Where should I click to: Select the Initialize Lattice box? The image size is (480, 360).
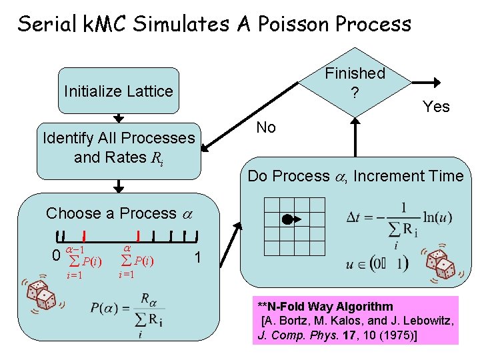tap(119, 91)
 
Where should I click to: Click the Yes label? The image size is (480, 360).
tap(436, 107)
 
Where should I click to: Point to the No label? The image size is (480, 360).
tap(266, 128)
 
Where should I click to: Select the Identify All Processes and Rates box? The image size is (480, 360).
tap(119, 148)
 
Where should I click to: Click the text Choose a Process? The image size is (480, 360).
tap(111, 213)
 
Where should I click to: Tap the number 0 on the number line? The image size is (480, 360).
tap(56, 255)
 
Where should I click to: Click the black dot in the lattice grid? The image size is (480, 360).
tap(287, 219)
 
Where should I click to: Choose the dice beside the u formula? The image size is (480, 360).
tap(440, 265)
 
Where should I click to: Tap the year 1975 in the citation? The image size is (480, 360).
tap(399, 336)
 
